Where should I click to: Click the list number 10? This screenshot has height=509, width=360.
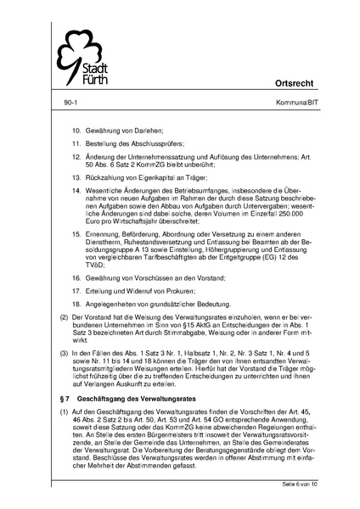tap(75, 131)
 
